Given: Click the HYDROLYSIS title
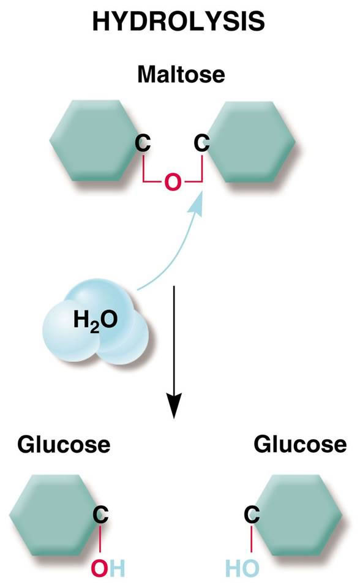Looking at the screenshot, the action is (x=179, y=21).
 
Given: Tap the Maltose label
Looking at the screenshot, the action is (x=181, y=74).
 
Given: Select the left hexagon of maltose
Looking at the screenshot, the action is (x=94, y=141).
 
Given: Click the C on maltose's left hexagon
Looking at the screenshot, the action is (x=143, y=143).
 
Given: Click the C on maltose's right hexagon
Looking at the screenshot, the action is (x=202, y=143).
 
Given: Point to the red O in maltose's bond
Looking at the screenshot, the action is (x=173, y=183).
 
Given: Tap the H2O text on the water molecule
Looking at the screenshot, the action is (x=96, y=320).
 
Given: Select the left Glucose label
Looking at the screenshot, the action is (x=64, y=445).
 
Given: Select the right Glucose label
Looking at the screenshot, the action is (x=300, y=445).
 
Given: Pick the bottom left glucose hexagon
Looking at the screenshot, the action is (x=54, y=515).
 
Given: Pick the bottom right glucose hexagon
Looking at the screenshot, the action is (x=297, y=515).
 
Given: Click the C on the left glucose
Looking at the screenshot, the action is (x=100, y=514).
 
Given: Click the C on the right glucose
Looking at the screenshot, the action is (x=252, y=514).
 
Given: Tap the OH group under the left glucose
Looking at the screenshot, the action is (x=108, y=568).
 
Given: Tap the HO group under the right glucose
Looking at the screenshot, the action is (x=242, y=568).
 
